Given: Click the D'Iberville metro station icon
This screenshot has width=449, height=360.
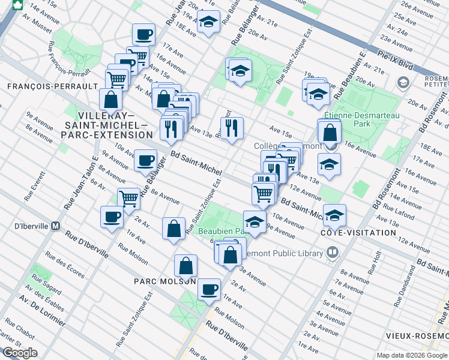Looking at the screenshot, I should [56, 226].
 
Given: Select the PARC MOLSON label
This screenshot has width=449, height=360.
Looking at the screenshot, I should [164, 280].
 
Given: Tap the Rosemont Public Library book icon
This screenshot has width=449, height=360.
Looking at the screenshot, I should [332, 253].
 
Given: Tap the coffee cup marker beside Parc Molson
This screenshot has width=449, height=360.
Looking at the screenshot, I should [209, 289].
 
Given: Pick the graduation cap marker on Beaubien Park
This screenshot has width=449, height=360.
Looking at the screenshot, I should [255, 221].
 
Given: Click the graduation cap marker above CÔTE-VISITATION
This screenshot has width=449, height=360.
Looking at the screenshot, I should [336, 214].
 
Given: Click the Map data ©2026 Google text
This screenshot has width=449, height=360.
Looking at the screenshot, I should [411, 355].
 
